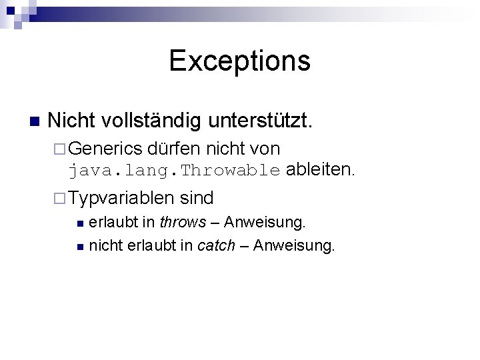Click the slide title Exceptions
click(x=239, y=60)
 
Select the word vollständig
click(x=153, y=121)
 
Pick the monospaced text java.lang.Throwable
click(x=174, y=170)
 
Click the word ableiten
click(x=321, y=169)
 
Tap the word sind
click(x=197, y=198)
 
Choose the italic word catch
click(x=216, y=245)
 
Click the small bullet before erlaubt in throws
click(x=79, y=222)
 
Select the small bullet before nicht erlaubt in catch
click(x=79, y=247)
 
